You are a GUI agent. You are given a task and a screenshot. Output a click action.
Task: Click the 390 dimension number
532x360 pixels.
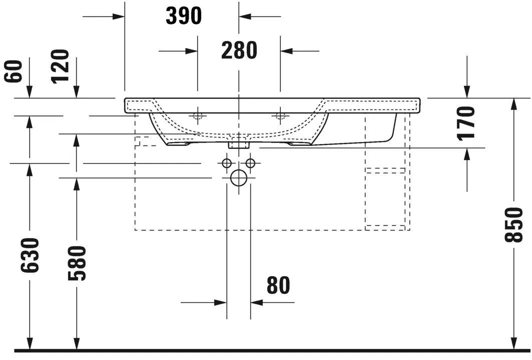[x=184, y=16]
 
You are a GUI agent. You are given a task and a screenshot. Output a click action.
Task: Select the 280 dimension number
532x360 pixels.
[x=239, y=50]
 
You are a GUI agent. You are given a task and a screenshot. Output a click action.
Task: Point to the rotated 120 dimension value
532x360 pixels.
[x=60, y=65]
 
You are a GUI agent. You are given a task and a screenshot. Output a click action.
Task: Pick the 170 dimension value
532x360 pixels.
[x=466, y=123]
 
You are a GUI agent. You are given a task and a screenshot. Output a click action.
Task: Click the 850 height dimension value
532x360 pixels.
[x=514, y=225]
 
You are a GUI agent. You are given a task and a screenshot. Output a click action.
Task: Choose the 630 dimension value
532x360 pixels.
[x=30, y=255]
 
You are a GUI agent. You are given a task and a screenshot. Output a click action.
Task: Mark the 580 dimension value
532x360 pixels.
[x=77, y=263]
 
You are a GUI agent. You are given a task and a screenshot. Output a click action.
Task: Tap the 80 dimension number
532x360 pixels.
[x=278, y=285]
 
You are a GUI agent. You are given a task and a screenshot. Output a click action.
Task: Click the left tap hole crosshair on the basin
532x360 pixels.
[x=198, y=116]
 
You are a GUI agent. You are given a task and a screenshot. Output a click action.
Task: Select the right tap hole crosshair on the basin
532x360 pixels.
[x=280, y=116]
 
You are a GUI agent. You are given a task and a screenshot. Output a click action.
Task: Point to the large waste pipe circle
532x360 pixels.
[x=239, y=178]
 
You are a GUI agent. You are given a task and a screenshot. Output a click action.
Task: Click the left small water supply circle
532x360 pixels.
[x=227, y=163]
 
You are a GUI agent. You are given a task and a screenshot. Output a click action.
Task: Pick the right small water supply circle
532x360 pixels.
[x=250, y=163]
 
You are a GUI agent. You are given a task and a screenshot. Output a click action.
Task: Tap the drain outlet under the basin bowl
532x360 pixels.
[x=239, y=144]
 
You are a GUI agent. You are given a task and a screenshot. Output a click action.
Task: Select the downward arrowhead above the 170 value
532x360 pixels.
[x=466, y=92]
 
